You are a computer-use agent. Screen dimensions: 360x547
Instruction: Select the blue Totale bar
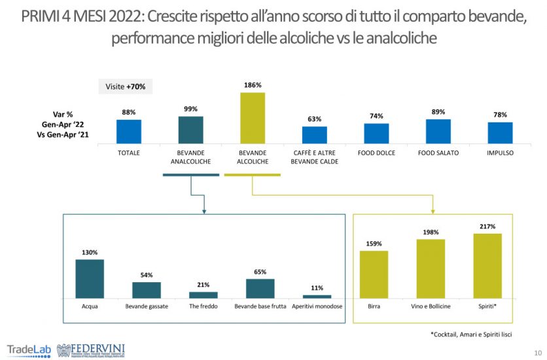(129, 131)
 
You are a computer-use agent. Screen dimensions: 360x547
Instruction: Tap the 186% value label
(253, 85)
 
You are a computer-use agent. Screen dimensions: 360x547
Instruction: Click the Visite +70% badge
(126, 86)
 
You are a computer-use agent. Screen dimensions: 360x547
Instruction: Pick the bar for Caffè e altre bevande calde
(315, 135)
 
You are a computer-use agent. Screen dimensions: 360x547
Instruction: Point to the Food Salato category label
(438, 153)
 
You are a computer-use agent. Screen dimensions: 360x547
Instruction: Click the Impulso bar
(500, 132)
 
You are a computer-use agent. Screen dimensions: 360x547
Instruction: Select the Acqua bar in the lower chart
(90, 279)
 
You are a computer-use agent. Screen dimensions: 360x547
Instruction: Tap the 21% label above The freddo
(203, 285)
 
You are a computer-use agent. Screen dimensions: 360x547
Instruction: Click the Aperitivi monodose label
(317, 306)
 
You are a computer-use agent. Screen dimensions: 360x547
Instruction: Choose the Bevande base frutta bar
(260, 289)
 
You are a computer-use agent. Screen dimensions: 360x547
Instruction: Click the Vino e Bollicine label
(431, 306)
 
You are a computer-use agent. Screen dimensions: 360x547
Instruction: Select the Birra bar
(374, 274)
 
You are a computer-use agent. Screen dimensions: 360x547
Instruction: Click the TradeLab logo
(29, 349)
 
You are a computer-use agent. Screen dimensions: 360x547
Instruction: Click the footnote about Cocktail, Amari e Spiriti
(471, 334)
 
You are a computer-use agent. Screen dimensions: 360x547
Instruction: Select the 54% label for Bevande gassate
(147, 275)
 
